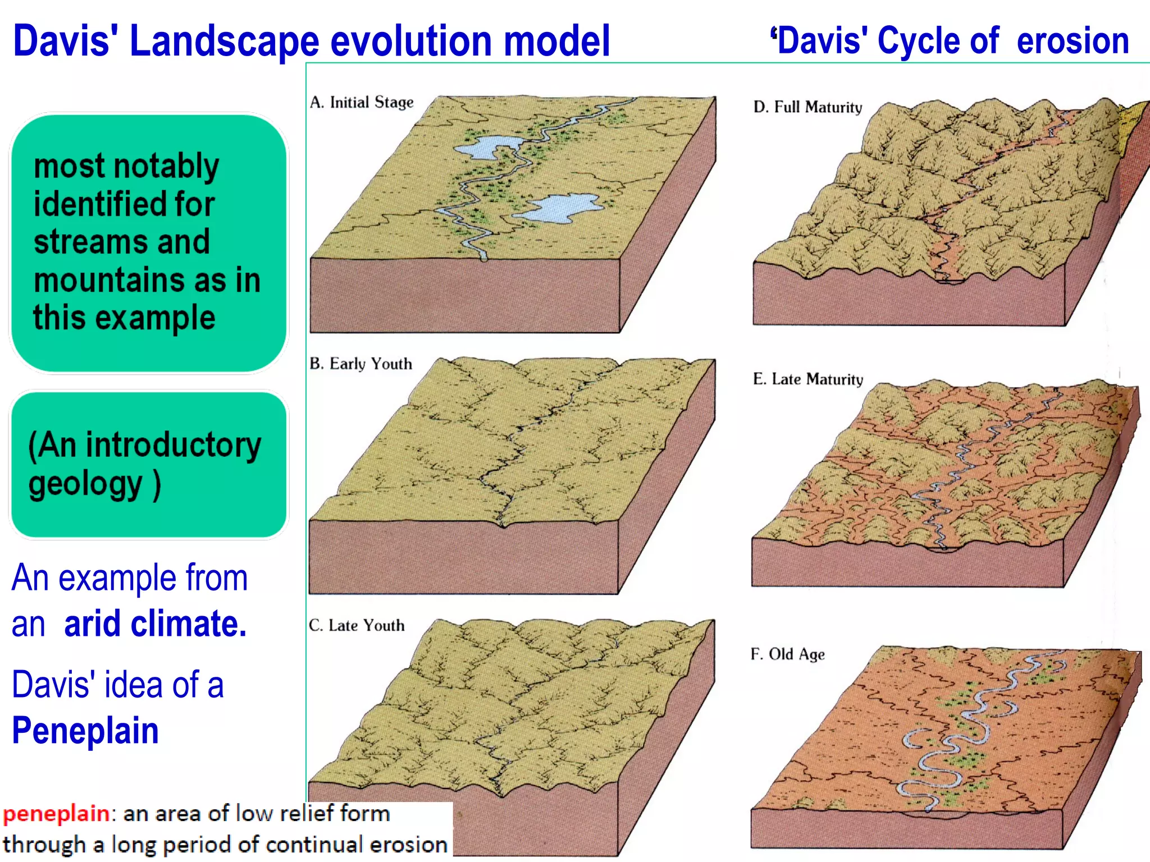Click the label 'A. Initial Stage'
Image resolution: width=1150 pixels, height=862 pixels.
[x=361, y=102]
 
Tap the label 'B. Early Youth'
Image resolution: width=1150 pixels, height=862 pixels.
[x=360, y=364]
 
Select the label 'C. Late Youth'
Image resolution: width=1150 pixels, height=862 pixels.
[x=357, y=625]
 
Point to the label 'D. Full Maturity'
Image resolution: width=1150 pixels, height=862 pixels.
[x=807, y=107]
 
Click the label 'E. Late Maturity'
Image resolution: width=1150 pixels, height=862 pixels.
[x=807, y=379]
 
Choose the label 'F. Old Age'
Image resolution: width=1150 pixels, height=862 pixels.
[x=787, y=654]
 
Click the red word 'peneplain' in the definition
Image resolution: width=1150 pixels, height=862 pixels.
[x=56, y=813]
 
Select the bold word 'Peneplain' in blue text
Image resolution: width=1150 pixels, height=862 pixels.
[x=85, y=731]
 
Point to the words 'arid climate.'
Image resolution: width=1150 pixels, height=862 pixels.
[x=156, y=624]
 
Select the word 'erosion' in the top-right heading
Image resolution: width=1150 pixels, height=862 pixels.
[x=1073, y=41]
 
